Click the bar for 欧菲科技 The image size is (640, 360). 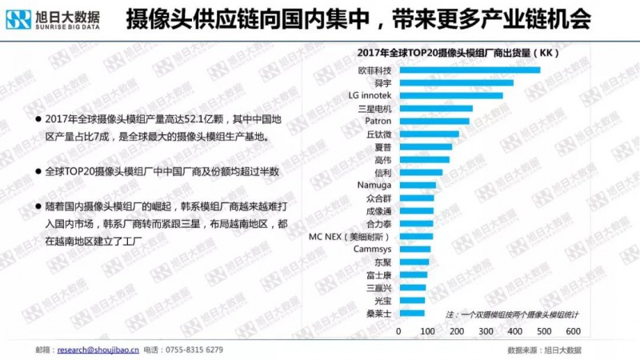(x=469, y=70)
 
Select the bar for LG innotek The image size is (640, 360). (x=451, y=96)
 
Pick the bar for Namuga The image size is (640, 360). (x=418, y=186)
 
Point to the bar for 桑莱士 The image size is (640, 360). (x=412, y=314)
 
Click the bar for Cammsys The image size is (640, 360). (x=414, y=250)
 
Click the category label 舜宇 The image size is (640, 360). (x=380, y=83)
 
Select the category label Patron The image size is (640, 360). (x=378, y=122)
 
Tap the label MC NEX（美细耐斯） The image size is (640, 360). (x=350, y=237)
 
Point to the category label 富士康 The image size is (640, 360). (x=378, y=275)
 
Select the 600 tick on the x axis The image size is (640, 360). (x=572, y=330)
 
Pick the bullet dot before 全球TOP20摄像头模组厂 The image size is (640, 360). (x=38, y=172)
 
